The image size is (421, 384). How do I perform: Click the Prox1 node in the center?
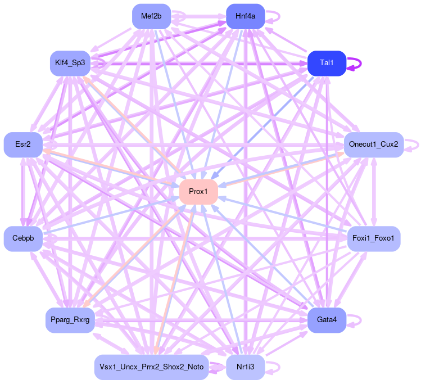pos(198,192)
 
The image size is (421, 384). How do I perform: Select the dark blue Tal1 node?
pos(326,62)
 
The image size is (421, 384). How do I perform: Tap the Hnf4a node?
pos(245,16)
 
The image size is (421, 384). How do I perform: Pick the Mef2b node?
pos(151,16)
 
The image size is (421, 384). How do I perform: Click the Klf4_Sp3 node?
pos(70,62)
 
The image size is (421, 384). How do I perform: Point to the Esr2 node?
pos(23,145)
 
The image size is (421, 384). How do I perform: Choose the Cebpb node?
pos(23,239)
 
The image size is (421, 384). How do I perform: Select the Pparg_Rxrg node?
pos(70,320)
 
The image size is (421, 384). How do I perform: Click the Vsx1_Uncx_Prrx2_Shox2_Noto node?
pos(151,367)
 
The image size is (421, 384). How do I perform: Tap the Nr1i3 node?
pos(245,367)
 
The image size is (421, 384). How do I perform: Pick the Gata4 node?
pos(327,320)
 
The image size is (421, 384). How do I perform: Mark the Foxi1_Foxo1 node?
pos(374,239)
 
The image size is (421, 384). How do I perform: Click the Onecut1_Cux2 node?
pos(373,145)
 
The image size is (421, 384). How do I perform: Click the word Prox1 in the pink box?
pos(198,192)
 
